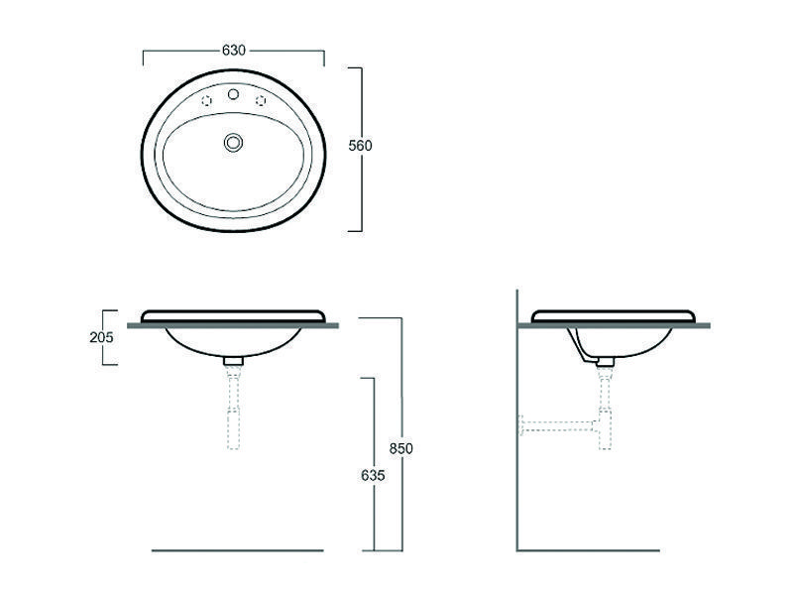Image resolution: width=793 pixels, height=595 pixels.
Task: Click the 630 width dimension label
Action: coord(234,51)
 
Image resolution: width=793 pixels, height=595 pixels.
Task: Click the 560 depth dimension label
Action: coord(360,146)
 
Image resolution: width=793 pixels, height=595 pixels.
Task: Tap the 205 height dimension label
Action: coord(102,337)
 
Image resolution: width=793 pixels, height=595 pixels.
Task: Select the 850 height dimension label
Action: coord(401,448)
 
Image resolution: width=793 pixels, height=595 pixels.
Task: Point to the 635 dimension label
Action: coord(374,476)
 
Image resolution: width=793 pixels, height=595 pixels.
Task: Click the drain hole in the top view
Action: coord(233,142)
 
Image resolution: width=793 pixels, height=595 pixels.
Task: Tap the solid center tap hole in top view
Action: coord(233,94)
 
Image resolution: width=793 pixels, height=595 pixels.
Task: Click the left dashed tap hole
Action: coord(206,101)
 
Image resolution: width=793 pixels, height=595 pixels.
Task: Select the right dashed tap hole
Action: coord(261,101)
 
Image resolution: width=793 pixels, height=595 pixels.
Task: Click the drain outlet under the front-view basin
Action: coord(234,361)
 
